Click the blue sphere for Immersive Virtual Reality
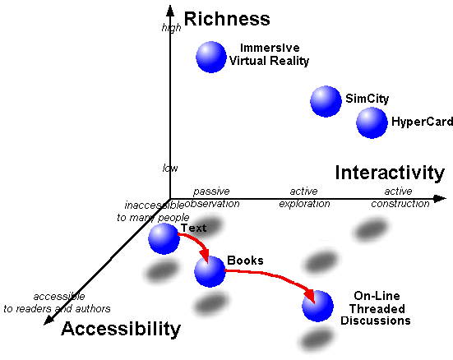[x=211, y=57]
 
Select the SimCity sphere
[x=326, y=101]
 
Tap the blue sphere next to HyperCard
[x=372, y=122]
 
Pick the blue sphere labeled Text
[x=164, y=238]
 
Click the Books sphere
[x=210, y=271]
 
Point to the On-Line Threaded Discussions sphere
[x=318, y=306]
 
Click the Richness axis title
[x=227, y=19]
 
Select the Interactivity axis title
[x=390, y=173]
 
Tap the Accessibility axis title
[x=121, y=329]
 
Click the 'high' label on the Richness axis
[x=171, y=28]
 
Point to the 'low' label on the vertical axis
[x=170, y=168]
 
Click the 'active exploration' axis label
[x=304, y=197]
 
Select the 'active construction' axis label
[x=400, y=197]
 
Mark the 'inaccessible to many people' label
[x=153, y=211]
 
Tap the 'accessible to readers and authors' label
[x=57, y=302]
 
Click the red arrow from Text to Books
[x=197, y=242]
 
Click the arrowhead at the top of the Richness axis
[x=170, y=11]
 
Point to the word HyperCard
[x=422, y=122]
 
